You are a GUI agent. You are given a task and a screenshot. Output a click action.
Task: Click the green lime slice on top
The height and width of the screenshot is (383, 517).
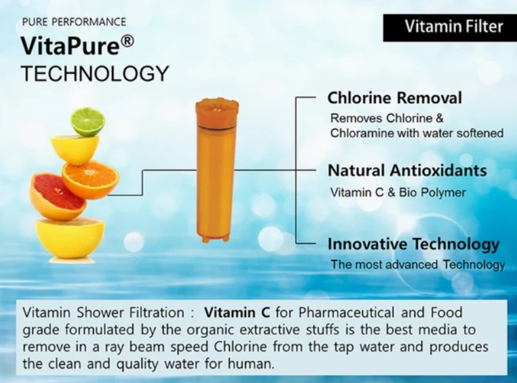(88, 122)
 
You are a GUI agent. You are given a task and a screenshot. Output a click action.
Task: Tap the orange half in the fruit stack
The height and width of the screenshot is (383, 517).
(90, 179)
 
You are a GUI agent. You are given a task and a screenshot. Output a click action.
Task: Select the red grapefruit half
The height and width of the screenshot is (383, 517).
(57, 197)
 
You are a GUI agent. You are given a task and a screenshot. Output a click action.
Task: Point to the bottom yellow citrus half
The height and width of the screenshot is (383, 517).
(70, 238)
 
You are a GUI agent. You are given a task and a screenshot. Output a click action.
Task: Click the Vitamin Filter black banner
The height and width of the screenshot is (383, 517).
(450, 27)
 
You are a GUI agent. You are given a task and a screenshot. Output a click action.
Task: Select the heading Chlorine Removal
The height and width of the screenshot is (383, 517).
(395, 98)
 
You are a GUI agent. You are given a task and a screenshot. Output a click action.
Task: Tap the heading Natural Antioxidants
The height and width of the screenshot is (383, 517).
(408, 170)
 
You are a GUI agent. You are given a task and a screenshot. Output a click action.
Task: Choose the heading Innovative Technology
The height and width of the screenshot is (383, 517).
(413, 245)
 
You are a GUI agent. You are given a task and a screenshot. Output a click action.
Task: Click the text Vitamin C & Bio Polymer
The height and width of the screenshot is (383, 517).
(398, 192)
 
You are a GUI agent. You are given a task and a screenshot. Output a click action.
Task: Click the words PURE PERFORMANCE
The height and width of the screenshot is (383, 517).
(74, 22)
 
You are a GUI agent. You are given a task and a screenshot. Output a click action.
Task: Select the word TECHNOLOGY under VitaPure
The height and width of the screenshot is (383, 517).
(95, 73)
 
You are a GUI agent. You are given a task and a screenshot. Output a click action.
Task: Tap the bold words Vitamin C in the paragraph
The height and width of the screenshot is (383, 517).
(237, 312)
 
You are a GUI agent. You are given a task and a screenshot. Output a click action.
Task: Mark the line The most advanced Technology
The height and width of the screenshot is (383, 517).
(418, 265)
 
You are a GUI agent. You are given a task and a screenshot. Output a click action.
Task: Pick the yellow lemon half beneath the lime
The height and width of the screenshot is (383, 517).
(75, 149)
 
